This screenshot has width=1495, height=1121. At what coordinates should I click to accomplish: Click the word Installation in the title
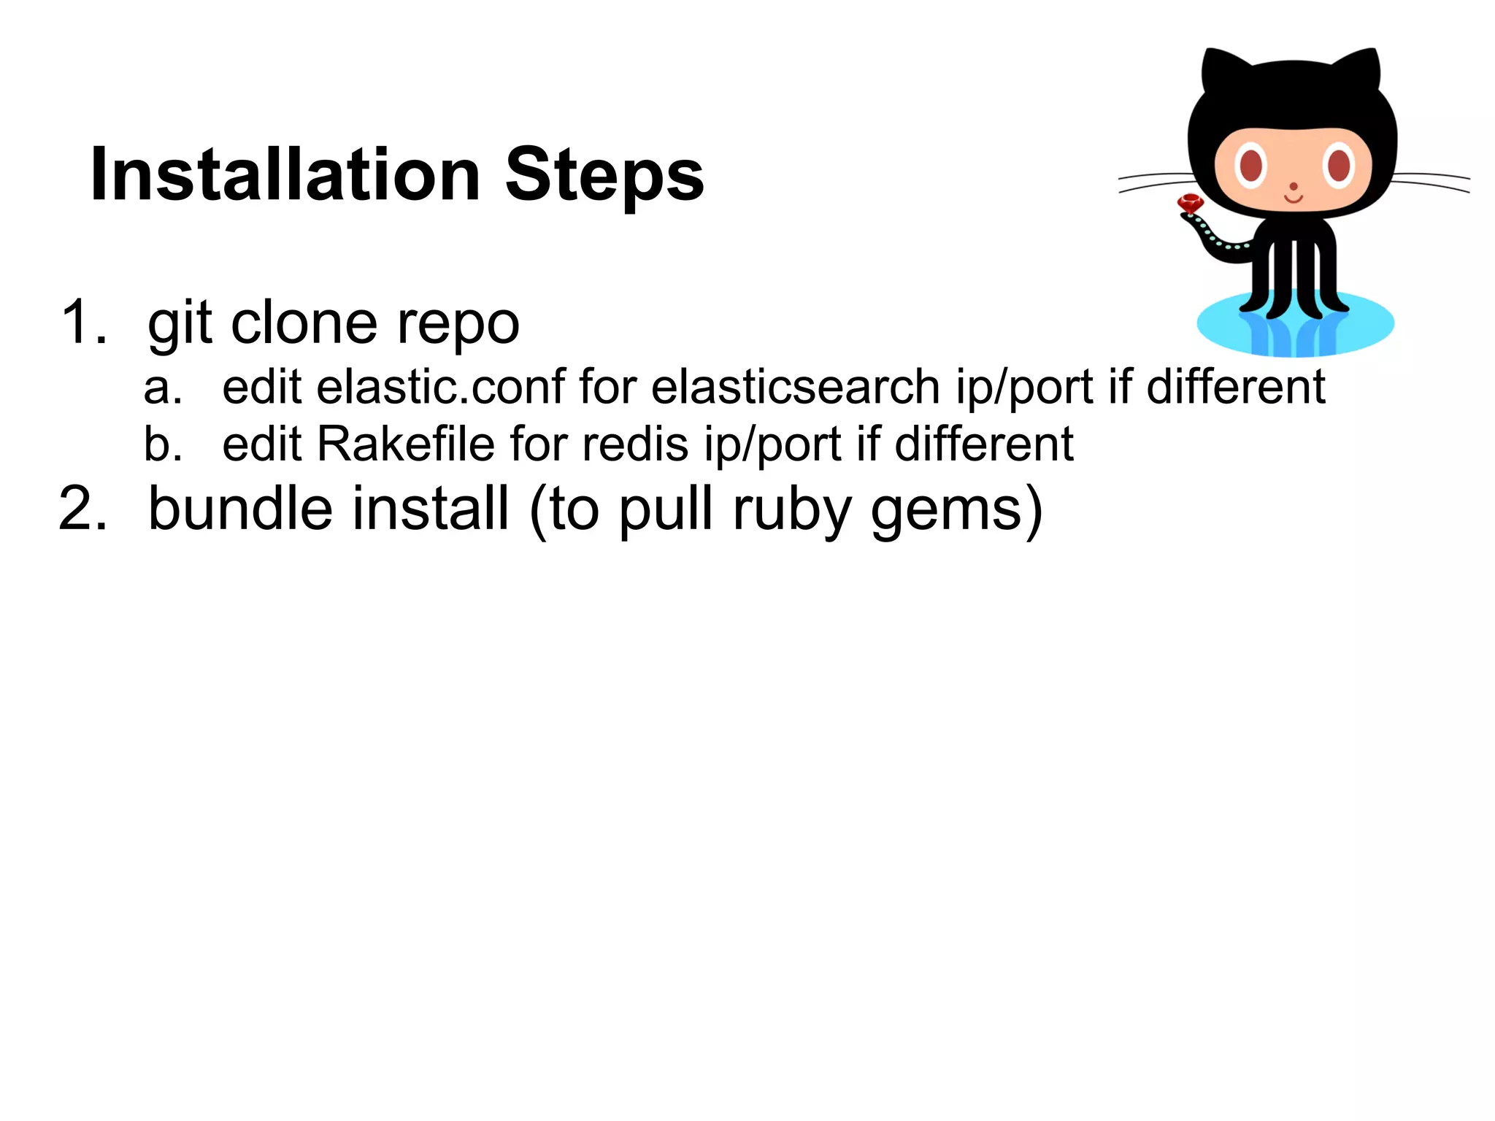[x=285, y=175]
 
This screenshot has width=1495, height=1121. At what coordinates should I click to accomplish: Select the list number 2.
[x=82, y=509]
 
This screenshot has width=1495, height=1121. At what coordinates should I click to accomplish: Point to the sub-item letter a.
[x=161, y=388]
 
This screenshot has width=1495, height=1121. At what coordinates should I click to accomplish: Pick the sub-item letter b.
[x=161, y=444]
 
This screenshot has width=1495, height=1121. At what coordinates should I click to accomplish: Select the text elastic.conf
[x=441, y=387]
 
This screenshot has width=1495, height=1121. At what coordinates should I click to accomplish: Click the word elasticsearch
[x=795, y=387]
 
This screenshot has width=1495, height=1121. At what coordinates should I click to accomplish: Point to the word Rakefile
[x=406, y=444]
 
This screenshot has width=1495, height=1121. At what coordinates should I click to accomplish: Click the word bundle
[x=241, y=509]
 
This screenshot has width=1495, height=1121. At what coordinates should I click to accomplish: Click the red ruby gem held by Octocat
[x=1191, y=204]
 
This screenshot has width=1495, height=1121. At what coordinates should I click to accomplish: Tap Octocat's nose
[x=1293, y=187]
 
